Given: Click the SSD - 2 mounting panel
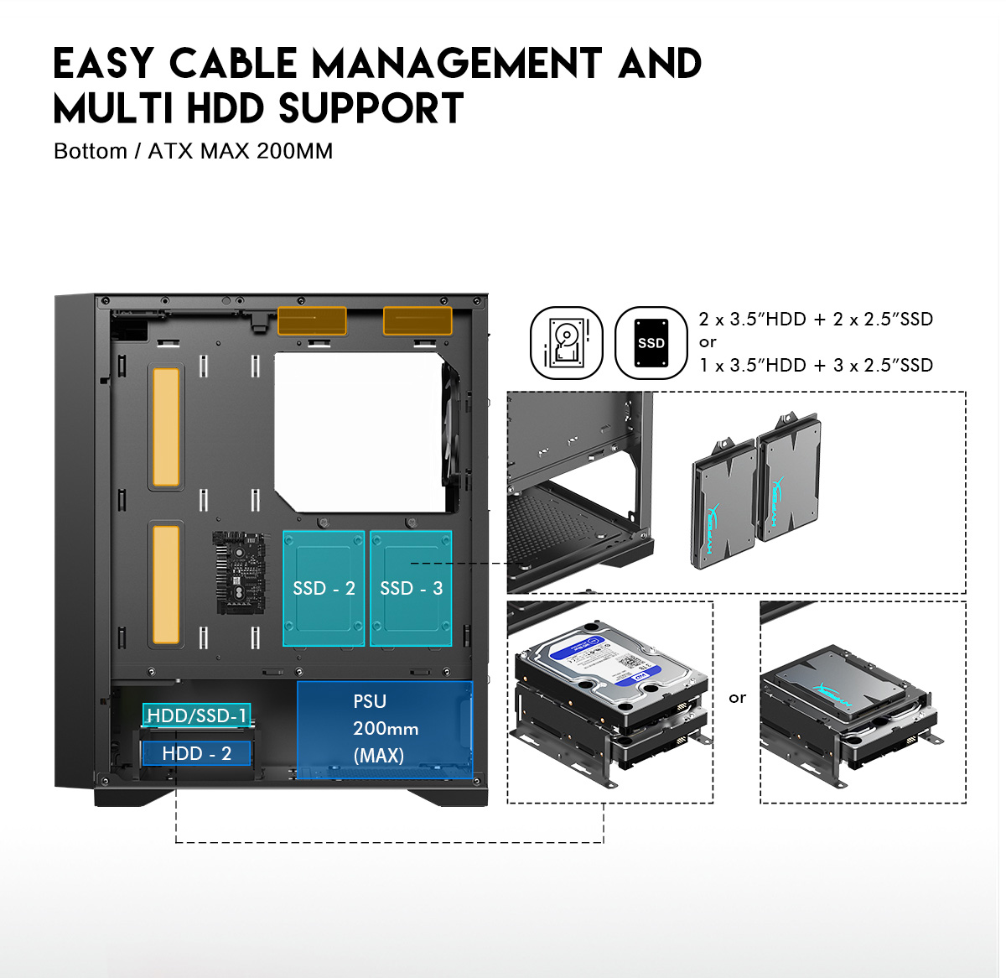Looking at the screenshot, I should pos(324,588).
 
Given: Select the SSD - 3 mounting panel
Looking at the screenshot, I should pos(411,588).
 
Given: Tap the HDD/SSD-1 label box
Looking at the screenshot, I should pos(196,715).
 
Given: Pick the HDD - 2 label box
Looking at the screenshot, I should pos(196,753).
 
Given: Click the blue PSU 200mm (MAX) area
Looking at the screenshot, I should pos(384,729).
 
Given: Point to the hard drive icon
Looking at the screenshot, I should pos(567,343).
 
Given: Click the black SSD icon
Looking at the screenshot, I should pos(651,343).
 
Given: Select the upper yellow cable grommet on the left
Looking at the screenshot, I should pos(166,427).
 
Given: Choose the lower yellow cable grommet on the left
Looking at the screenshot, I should pos(166,584).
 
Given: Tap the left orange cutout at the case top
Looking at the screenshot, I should pos(312,321).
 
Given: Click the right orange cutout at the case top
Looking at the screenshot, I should pos(417,321).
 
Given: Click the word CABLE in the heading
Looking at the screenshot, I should pos(233,64).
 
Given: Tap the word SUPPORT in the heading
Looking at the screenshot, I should pos(371,109).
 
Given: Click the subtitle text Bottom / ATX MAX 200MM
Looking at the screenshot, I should pos(193,151).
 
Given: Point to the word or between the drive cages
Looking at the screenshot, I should pos(737,698).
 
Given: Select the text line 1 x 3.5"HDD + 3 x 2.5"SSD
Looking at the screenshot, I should pos(816,365).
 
